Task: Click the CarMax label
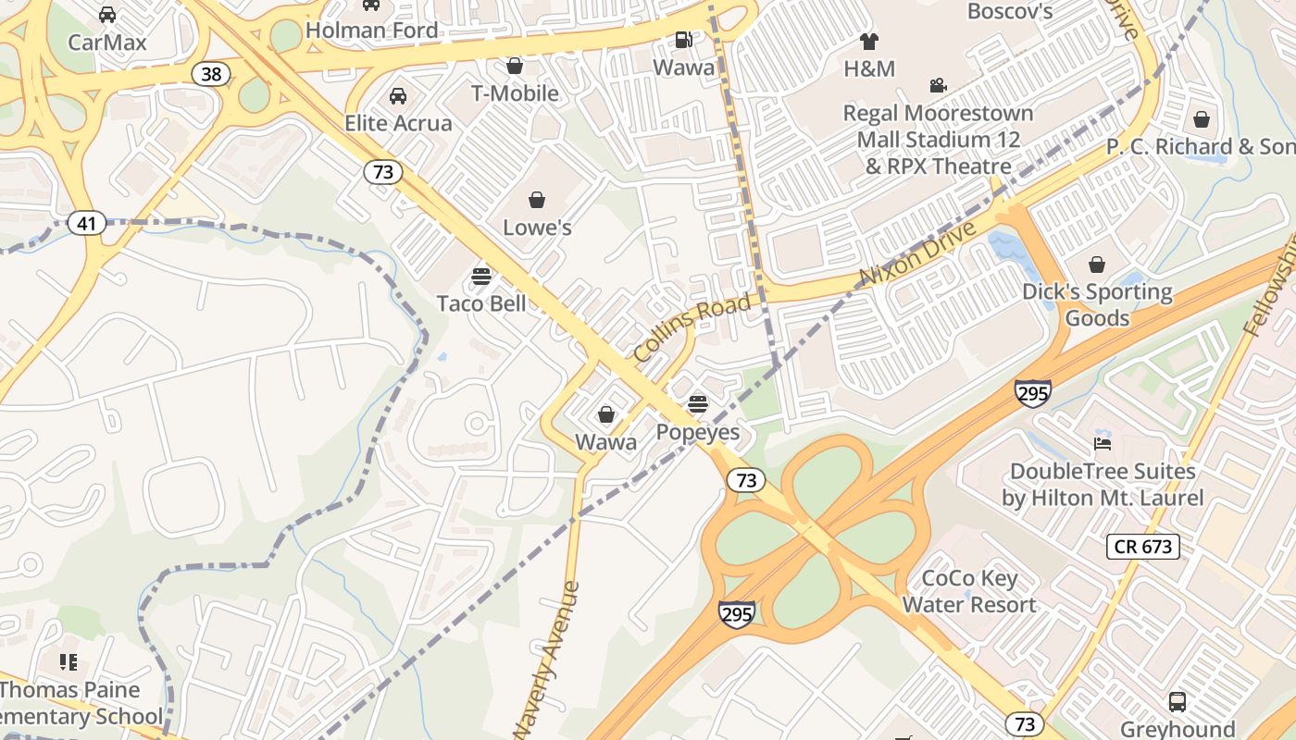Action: (x=107, y=42)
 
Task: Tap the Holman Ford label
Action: (x=371, y=30)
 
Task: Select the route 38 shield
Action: (x=211, y=74)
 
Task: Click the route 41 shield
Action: (x=86, y=223)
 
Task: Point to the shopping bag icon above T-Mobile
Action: (x=515, y=66)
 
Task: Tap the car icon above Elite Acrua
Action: (x=398, y=96)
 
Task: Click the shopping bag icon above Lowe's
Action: (x=537, y=200)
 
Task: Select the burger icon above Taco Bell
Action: (x=481, y=276)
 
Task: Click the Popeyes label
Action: (x=698, y=432)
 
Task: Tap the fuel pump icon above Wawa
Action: (x=683, y=40)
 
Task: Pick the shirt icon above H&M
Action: (x=869, y=42)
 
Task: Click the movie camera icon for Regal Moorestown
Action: (x=939, y=86)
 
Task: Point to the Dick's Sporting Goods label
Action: (x=1097, y=305)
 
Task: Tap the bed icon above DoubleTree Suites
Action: (x=1103, y=444)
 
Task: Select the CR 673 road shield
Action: (x=1143, y=547)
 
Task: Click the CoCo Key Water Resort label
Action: (x=969, y=592)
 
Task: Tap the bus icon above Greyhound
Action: (x=1178, y=702)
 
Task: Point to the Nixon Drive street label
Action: (x=917, y=253)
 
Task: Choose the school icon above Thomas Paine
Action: (x=69, y=662)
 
